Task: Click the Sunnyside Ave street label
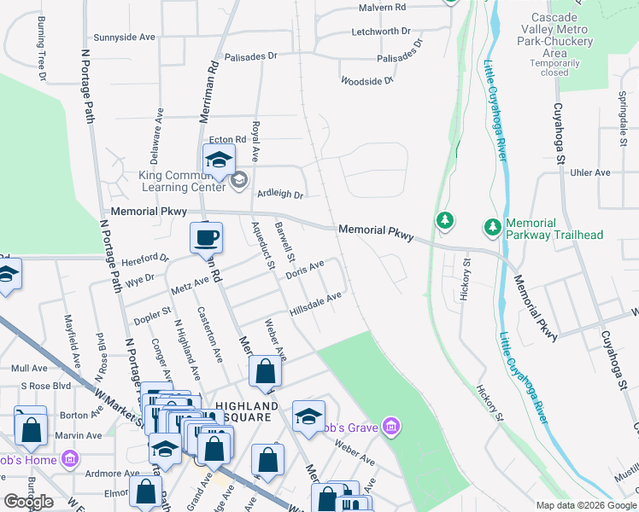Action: click(x=124, y=38)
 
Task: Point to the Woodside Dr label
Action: click(x=366, y=81)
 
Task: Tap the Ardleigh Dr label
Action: click(x=281, y=195)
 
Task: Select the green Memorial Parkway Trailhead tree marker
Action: click(x=492, y=227)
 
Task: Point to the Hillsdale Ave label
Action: click(x=315, y=303)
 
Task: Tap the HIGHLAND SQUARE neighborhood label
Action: click(x=247, y=411)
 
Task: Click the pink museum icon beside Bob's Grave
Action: click(x=391, y=425)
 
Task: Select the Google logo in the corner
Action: click(x=28, y=502)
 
